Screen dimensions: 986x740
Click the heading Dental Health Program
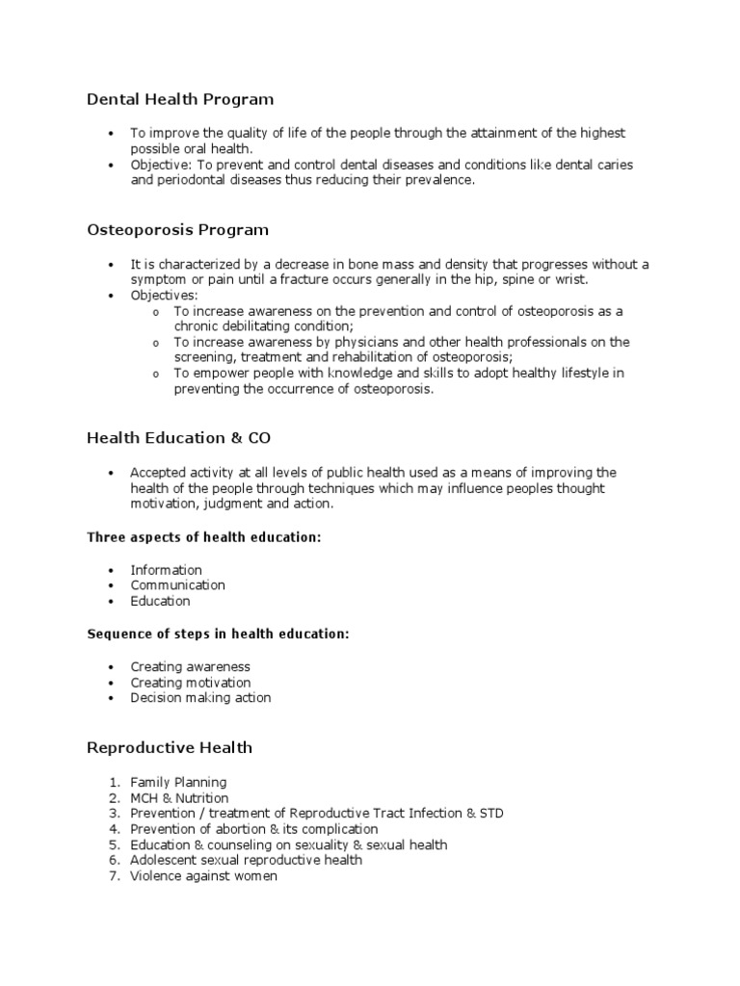coord(180,99)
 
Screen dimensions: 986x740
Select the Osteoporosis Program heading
coord(177,230)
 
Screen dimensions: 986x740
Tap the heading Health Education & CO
coord(178,438)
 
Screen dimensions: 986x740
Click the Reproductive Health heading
coord(170,747)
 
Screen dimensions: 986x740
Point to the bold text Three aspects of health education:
coord(203,537)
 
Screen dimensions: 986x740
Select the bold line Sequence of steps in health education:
coord(218,634)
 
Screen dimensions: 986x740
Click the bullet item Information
coord(166,570)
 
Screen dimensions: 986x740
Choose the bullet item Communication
coord(177,585)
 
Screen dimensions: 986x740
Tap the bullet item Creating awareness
coord(190,666)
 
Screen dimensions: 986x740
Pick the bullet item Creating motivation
coord(191,683)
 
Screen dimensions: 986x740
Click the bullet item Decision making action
coord(200,698)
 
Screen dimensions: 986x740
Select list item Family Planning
coord(178,783)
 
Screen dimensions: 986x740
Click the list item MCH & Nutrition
coord(179,798)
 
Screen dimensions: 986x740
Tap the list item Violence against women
coord(203,876)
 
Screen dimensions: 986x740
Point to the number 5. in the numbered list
coord(114,845)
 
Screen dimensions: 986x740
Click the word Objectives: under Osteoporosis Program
coord(164,296)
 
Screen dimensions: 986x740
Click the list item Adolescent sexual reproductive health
coord(246,860)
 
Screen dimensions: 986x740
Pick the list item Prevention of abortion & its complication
coord(253,829)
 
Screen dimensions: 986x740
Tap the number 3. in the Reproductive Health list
coord(114,814)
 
